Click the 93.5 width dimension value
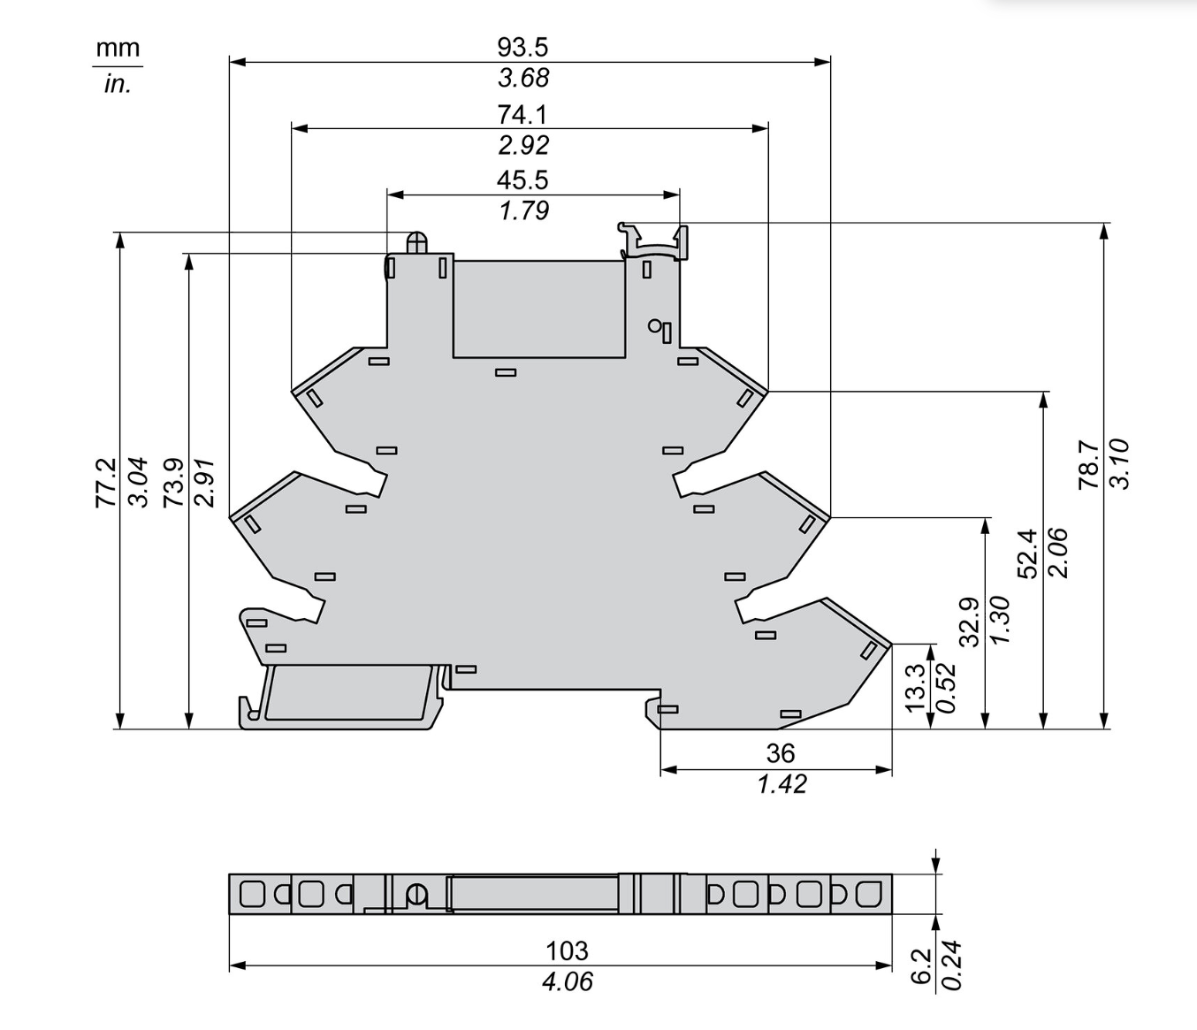(522, 47)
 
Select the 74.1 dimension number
(522, 115)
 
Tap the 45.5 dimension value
(522, 180)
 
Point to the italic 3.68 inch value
(523, 78)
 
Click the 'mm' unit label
(118, 48)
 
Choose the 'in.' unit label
(118, 85)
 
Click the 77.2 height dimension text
(106, 483)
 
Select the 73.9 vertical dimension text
(173, 483)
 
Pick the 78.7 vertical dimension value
(1089, 464)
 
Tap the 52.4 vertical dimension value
(1028, 553)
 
